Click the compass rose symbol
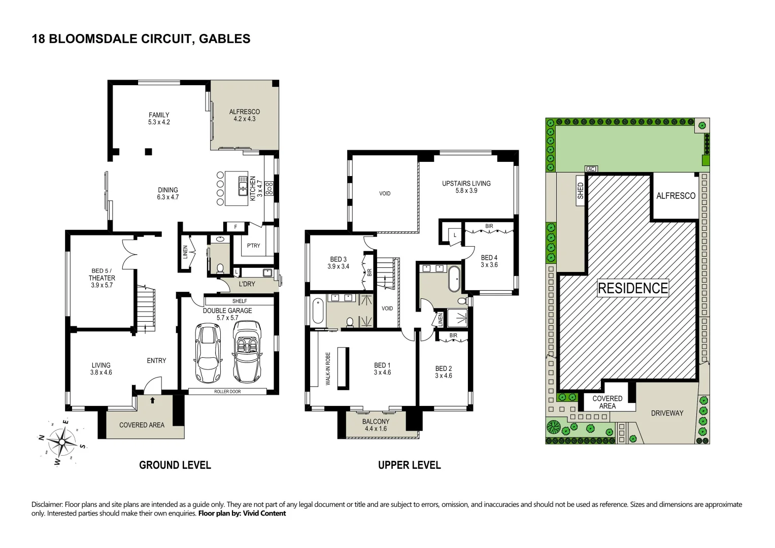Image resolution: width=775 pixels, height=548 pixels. pyautogui.click(x=62, y=442)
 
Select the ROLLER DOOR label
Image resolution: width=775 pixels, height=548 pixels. pyautogui.click(x=227, y=392)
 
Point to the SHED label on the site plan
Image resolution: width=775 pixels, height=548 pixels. pyautogui.click(x=581, y=191)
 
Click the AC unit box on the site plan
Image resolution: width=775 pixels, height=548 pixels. pyautogui.click(x=591, y=169)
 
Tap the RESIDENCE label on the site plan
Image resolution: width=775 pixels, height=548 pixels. pyautogui.click(x=632, y=288)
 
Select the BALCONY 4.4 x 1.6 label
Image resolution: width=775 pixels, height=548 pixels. pyautogui.click(x=376, y=425)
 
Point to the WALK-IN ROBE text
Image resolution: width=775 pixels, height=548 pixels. pyautogui.click(x=328, y=368)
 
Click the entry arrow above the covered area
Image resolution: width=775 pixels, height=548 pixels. pyautogui.click(x=153, y=400)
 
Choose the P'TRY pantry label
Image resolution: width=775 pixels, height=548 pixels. pyautogui.click(x=253, y=245)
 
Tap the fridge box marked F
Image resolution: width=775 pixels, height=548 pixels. pyautogui.click(x=236, y=227)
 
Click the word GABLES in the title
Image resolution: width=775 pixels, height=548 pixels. pyautogui.click(x=224, y=39)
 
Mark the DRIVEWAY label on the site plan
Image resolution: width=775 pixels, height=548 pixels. pyautogui.click(x=667, y=413)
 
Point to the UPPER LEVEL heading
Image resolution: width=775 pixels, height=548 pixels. pyautogui.click(x=409, y=465)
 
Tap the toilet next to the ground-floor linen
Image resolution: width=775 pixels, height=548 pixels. pyautogui.click(x=220, y=268)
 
